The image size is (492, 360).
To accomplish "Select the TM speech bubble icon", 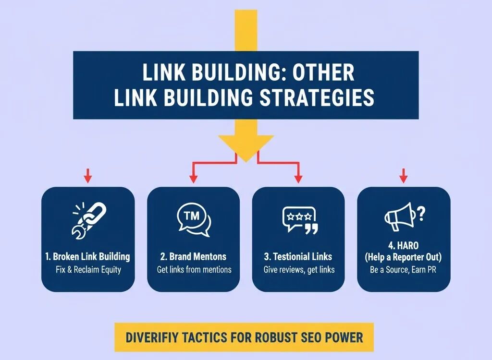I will [193, 220].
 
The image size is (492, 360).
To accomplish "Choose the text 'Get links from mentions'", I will [194, 270].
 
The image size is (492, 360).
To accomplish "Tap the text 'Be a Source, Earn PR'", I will [403, 270].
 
